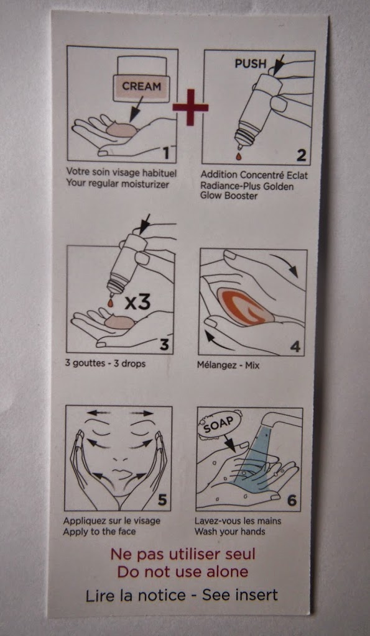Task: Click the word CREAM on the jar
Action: [x=141, y=86]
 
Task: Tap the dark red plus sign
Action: [x=190, y=107]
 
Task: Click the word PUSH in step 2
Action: [x=251, y=63]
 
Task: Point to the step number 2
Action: [x=301, y=155]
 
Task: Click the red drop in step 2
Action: [x=238, y=155]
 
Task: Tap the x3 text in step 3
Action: [x=137, y=302]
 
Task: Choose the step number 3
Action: [x=164, y=344]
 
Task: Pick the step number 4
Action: [x=295, y=347]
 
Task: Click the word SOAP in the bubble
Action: [x=218, y=427]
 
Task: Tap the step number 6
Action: [x=292, y=501]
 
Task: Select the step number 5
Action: [x=162, y=501]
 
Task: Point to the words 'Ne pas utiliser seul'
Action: [x=183, y=554]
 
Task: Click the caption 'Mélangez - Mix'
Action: [x=228, y=365]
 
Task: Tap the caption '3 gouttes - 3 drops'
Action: [x=105, y=363]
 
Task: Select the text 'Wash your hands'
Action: [x=230, y=532]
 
